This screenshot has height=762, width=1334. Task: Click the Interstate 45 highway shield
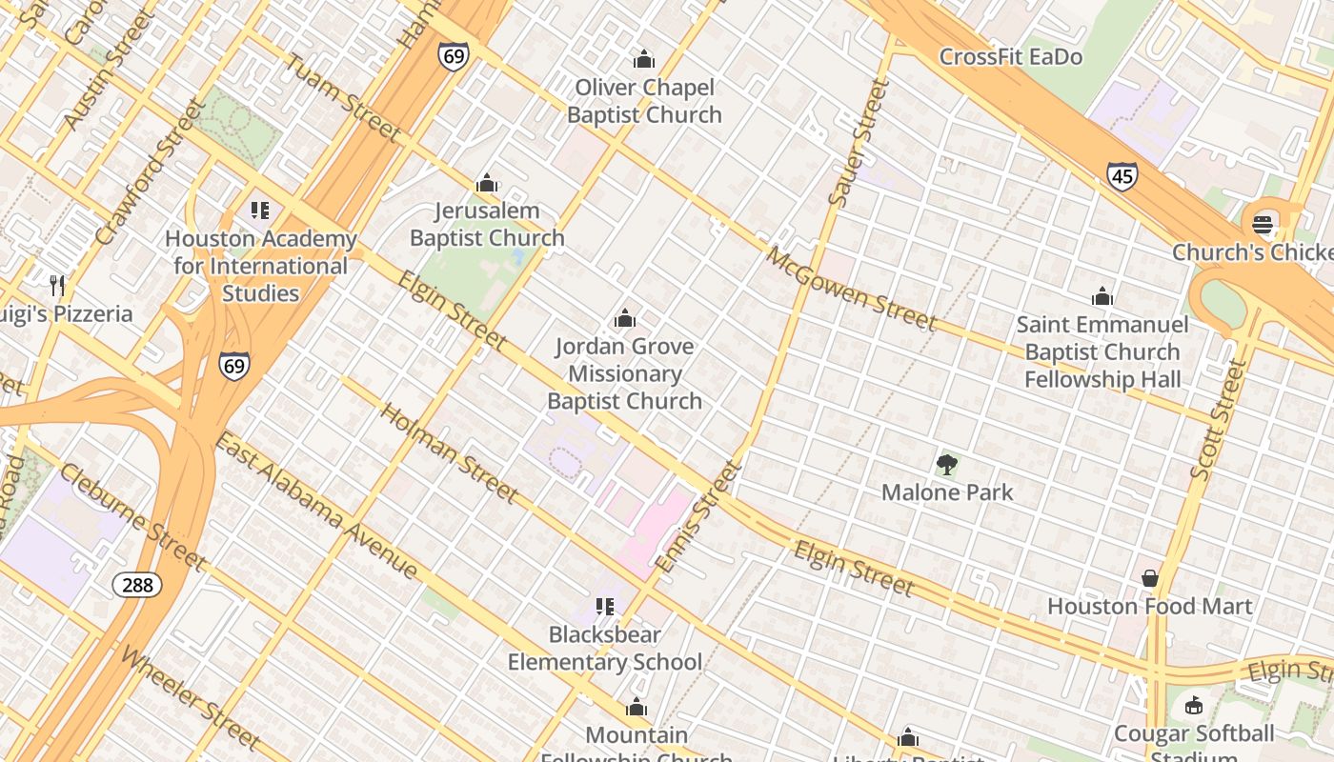(1122, 176)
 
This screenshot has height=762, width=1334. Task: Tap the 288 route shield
(137, 584)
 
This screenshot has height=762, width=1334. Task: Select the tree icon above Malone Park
(946, 465)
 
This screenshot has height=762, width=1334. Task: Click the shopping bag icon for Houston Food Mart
(1149, 578)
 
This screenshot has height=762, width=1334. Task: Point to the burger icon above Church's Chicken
(1263, 225)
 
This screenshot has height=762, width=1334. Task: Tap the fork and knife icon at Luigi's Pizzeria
(57, 285)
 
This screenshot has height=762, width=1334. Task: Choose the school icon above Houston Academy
(260, 211)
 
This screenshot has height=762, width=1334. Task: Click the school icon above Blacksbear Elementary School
(604, 606)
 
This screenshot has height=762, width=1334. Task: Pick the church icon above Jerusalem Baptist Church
(487, 183)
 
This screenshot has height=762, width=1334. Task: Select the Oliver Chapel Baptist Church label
(644, 101)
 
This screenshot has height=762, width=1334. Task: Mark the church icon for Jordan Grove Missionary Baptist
(624, 318)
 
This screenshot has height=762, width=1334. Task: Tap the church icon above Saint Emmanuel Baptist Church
(1102, 296)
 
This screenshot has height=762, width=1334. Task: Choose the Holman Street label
(450, 452)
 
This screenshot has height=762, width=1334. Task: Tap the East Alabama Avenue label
(315, 505)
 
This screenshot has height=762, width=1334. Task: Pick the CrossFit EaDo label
(1010, 57)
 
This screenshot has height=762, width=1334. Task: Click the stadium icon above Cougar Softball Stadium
(1193, 706)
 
